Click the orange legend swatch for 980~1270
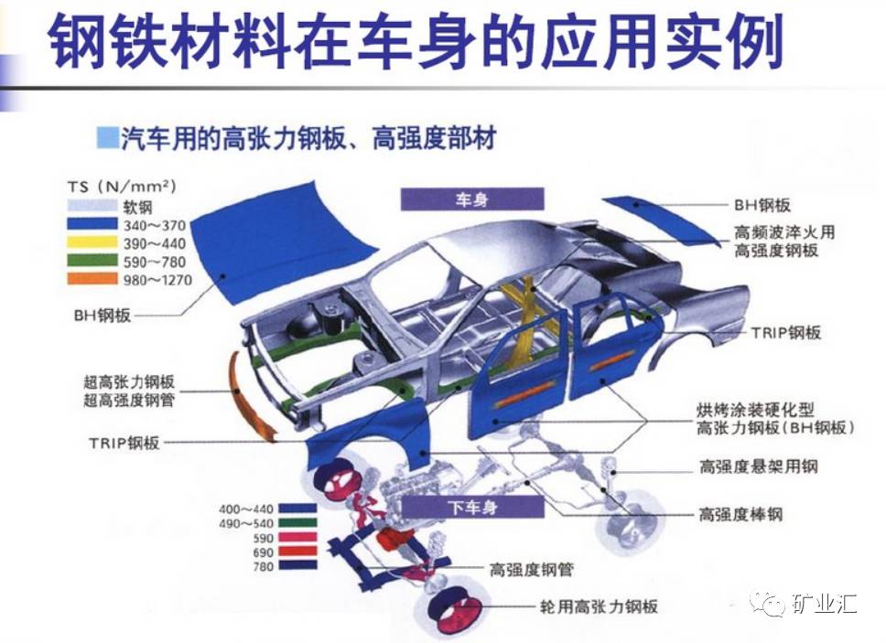(x=92, y=279)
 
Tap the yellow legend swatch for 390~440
(x=92, y=242)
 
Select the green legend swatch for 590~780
(x=92, y=261)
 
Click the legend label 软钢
(x=138, y=207)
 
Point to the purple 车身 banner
(x=471, y=199)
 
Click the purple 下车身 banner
(x=472, y=507)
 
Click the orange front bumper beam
(x=249, y=395)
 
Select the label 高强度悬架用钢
(x=758, y=466)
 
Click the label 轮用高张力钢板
(x=599, y=606)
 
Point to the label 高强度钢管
(x=531, y=570)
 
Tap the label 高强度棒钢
(x=740, y=514)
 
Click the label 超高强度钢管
(x=129, y=401)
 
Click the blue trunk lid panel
(x=661, y=221)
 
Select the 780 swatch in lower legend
(x=297, y=565)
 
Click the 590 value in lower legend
(x=264, y=538)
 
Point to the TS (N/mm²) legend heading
(x=122, y=186)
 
